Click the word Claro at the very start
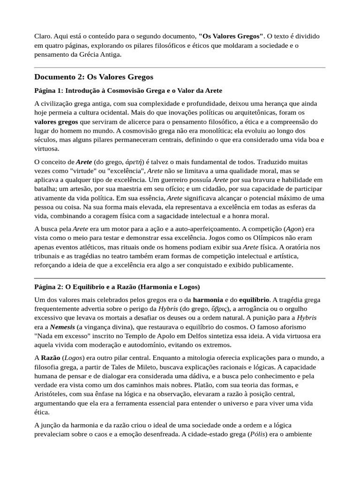pos(43,36)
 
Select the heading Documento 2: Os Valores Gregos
pos(94,76)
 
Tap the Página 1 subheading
pos(128,90)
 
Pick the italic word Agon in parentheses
pos(295,229)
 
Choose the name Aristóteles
pos(52,394)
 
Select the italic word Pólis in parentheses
pos(257,434)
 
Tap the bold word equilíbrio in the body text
pos(254,300)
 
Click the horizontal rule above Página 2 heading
pos(180,278)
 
